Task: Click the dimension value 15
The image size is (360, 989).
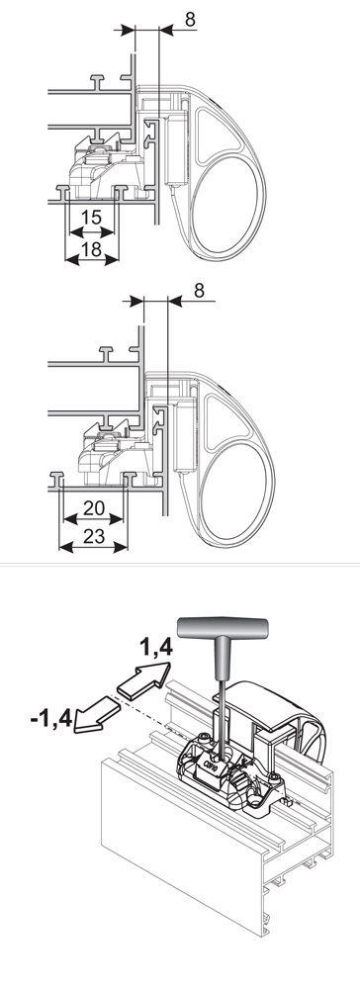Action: click(x=91, y=218)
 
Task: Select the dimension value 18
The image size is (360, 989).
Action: click(x=91, y=249)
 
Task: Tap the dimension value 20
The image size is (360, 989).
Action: click(x=93, y=506)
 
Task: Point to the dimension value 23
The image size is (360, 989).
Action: click(x=93, y=537)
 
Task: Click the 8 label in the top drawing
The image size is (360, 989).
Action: click(x=190, y=20)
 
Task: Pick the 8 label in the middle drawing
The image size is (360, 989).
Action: click(x=199, y=291)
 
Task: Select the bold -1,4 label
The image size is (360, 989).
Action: click(x=51, y=718)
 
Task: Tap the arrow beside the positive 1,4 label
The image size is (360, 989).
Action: click(x=145, y=680)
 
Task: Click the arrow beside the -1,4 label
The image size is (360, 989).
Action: click(x=96, y=714)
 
